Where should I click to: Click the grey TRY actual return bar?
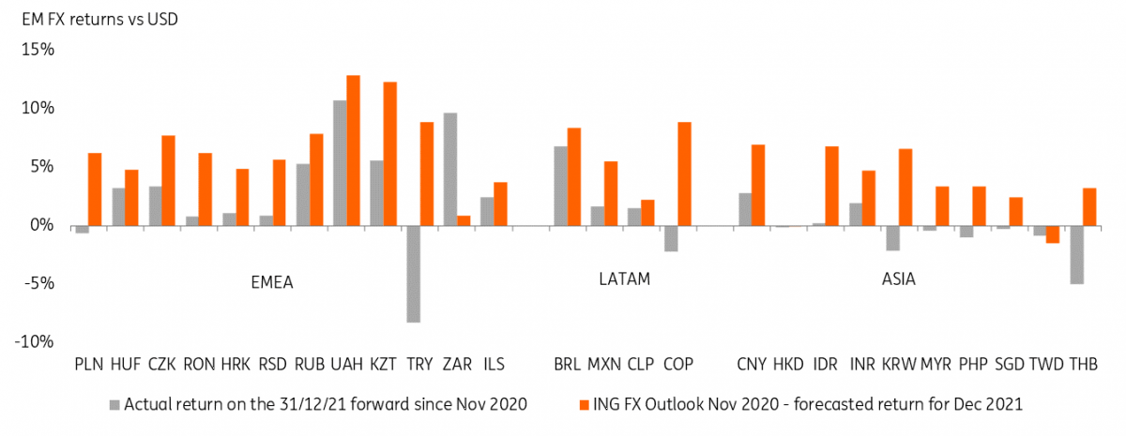[414, 274]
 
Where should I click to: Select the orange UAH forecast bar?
[354, 150]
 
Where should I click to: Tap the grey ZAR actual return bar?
[450, 169]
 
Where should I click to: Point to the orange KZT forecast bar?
[390, 154]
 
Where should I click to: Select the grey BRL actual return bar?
[560, 186]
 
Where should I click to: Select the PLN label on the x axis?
[88, 364]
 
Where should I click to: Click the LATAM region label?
[624, 279]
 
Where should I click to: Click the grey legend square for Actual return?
[115, 404]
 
